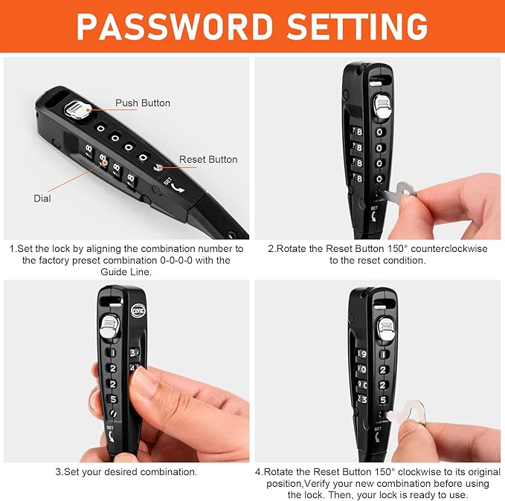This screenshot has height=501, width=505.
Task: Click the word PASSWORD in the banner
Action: click(x=175, y=27)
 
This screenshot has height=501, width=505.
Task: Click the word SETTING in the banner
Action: click(x=357, y=27)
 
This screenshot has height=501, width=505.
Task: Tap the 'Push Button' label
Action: click(x=143, y=103)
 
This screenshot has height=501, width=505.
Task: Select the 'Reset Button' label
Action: click(x=208, y=159)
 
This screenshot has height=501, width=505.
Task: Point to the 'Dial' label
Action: click(x=42, y=198)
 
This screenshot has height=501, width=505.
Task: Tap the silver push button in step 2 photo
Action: click(x=382, y=106)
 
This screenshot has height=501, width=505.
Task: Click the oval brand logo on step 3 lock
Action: click(x=138, y=311)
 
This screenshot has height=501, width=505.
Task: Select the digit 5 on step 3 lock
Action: click(x=113, y=399)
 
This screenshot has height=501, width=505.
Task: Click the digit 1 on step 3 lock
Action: click(x=112, y=352)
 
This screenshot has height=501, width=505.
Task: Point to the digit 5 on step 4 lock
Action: click(x=383, y=400)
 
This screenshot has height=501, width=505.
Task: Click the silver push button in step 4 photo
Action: click(x=385, y=329)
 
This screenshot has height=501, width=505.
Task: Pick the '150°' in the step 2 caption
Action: click(x=396, y=249)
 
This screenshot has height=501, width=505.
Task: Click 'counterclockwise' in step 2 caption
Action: click(x=449, y=249)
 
